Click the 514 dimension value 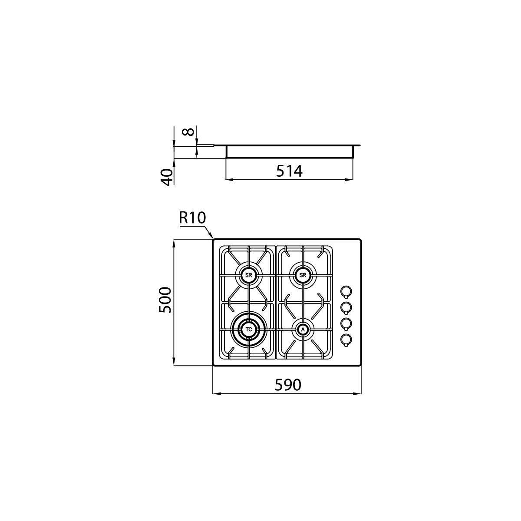(289, 171)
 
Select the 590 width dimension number (288, 385)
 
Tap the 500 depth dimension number (165, 300)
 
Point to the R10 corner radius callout (192, 218)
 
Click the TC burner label (249, 329)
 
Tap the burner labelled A (303, 329)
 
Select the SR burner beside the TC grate (248, 275)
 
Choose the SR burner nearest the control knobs (303, 275)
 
